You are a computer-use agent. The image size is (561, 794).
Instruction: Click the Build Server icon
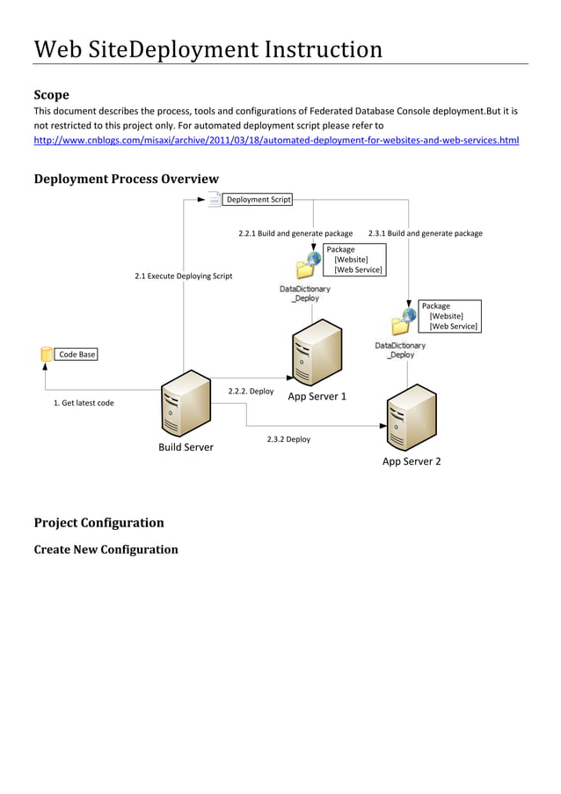[x=185, y=405]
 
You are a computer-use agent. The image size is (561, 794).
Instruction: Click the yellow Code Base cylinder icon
[x=47, y=354]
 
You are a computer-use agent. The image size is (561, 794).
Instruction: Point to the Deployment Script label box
[x=258, y=200]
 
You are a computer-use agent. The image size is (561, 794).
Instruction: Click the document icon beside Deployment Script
[x=214, y=200]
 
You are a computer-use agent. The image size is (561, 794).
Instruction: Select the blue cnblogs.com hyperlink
[x=276, y=140]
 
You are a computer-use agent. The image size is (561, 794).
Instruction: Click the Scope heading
[x=51, y=94]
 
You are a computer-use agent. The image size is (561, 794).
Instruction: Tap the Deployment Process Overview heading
[x=126, y=180]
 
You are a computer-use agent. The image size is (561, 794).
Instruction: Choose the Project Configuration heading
[x=98, y=522]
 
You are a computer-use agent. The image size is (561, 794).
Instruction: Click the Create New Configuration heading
[x=106, y=549]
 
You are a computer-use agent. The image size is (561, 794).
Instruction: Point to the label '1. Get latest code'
[x=84, y=403]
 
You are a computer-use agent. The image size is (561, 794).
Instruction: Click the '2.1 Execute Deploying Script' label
[x=183, y=276]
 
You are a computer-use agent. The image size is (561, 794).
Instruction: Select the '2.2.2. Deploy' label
[x=251, y=391]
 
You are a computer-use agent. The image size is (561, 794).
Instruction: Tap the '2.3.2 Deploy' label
[x=288, y=438]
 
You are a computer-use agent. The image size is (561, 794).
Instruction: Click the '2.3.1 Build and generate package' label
[x=425, y=233]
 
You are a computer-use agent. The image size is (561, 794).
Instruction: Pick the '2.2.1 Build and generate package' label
[x=295, y=233]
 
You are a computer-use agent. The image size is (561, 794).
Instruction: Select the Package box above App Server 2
[x=448, y=316]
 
